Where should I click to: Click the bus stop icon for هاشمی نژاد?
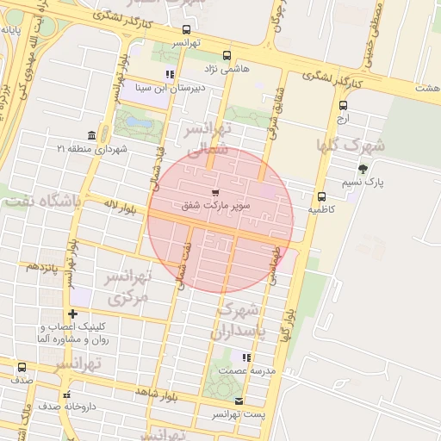tap(227, 54)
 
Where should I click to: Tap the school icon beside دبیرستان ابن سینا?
tap(170, 74)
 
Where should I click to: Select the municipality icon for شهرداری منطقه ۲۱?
tap(91, 135)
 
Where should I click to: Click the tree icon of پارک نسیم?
tap(363, 169)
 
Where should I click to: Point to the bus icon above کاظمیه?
tap(321, 196)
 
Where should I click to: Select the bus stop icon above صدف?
tap(22, 367)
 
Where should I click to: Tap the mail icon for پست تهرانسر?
tap(239, 401)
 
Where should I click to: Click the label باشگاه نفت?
tap(40, 202)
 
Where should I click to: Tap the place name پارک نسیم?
tap(385, 183)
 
